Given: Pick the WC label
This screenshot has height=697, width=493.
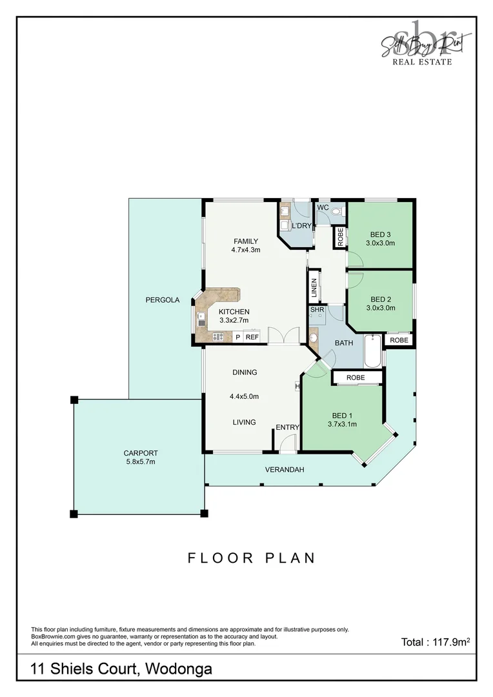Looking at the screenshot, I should (x=323, y=208).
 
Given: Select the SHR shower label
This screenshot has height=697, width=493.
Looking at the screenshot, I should (x=317, y=310).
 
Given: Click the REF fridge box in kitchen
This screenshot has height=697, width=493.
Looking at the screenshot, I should (x=252, y=337).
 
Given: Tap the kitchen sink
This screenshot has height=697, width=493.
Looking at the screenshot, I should (x=201, y=318).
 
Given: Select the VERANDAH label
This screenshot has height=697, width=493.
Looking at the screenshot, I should (x=284, y=469).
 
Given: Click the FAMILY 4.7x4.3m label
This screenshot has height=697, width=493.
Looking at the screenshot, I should (x=245, y=245).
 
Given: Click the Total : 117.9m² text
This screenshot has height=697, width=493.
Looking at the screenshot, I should (x=435, y=642).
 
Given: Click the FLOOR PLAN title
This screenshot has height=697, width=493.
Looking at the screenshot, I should (x=252, y=558).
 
